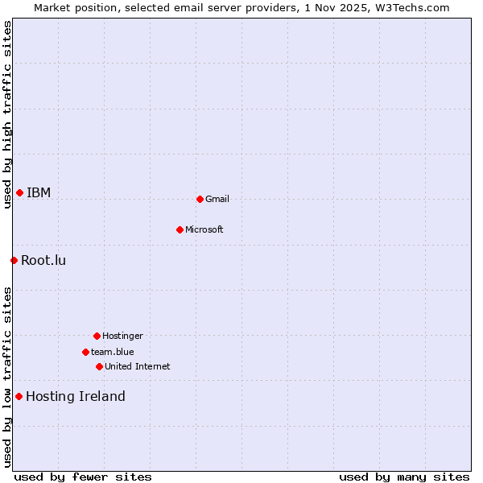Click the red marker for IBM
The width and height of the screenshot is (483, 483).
click(x=19, y=192)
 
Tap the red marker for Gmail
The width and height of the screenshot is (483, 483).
click(x=200, y=199)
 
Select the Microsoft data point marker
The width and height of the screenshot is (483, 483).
click(x=180, y=229)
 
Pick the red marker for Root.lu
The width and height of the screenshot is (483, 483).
click(x=14, y=260)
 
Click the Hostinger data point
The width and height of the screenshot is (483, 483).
click(x=97, y=336)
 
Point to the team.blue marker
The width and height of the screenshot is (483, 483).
click(x=85, y=352)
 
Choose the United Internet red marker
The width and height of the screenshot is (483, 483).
click(x=99, y=366)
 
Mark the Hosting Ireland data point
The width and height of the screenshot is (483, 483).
click(x=19, y=396)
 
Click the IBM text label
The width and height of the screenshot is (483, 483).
click(x=39, y=192)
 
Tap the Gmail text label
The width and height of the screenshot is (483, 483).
click(x=217, y=199)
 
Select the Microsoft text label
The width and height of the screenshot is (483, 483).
click(x=204, y=229)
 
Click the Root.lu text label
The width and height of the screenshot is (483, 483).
click(x=43, y=260)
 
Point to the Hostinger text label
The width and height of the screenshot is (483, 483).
click(x=122, y=336)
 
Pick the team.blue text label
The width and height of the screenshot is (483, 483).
click(x=113, y=352)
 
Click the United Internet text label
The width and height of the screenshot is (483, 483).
click(x=138, y=366)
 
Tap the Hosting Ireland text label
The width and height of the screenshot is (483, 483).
click(x=76, y=396)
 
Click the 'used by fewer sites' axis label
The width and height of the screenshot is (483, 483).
click(x=83, y=477)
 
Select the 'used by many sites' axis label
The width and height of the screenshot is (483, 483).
click(x=404, y=477)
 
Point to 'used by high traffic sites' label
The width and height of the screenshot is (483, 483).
click(x=7, y=115)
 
